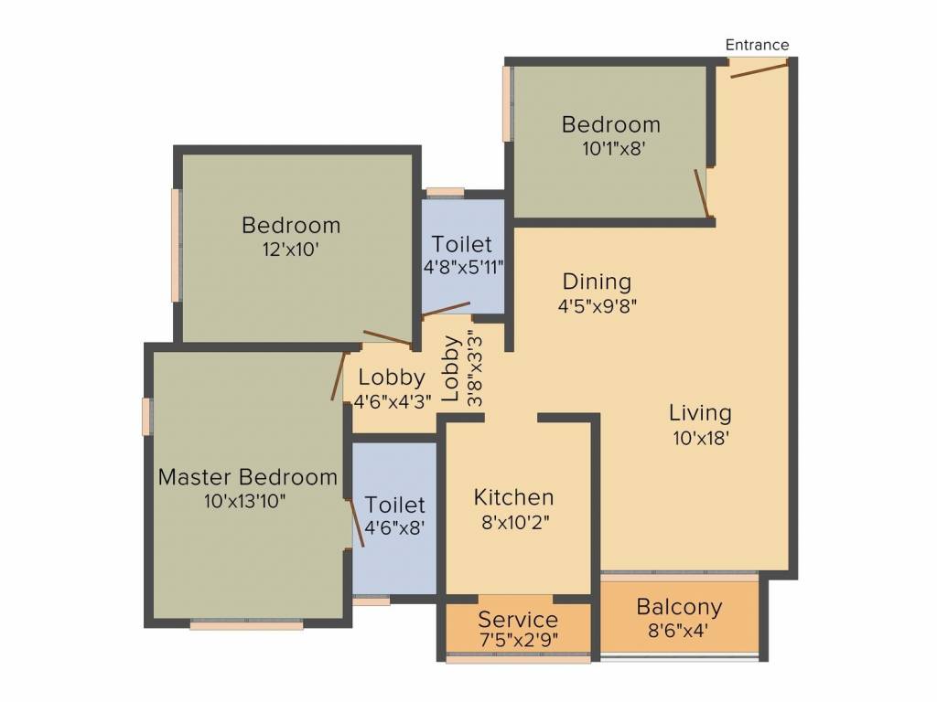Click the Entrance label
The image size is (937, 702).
pos(757,45)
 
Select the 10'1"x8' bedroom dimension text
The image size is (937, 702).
pos(610,148)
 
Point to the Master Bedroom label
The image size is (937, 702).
pos(247,477)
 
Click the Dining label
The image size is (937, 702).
pos(597,282)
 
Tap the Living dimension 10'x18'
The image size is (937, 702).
pos(700,437)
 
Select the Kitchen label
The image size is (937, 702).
pos(513,497)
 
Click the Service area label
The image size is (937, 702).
pos(517,620)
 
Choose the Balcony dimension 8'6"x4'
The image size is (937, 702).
pos(679,630)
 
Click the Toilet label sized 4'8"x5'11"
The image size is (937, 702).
pos(462,245)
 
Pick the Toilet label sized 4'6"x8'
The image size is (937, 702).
pos(395,505)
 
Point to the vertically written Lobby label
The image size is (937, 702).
pos(451,369)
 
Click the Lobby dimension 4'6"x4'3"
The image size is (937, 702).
pos(392,400)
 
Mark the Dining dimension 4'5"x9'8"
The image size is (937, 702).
pos(597,306)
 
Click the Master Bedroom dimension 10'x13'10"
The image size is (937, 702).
pos(247,501)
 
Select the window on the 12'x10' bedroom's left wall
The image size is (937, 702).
pos(175,245)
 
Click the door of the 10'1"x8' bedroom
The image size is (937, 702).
pos(702,194)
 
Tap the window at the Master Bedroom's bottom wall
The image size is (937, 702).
pos(246,625)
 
